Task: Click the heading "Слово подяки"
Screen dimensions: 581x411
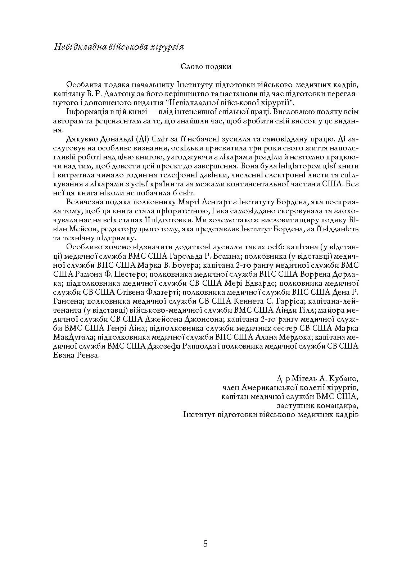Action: (x=205, y=67)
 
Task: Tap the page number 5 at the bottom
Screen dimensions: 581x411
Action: (x=205, y=544)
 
